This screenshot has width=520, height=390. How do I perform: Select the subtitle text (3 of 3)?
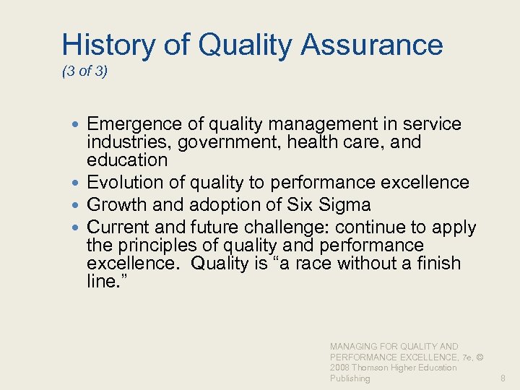(84, 72)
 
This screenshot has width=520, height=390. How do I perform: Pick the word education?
(127, 160)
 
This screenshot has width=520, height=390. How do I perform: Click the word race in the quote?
(295, 263)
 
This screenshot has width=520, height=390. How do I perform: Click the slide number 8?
(503, 378)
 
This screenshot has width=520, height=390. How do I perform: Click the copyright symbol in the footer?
(480, 357)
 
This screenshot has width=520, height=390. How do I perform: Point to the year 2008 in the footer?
(340, 368)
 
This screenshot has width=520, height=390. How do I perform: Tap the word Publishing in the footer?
(350, 378)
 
